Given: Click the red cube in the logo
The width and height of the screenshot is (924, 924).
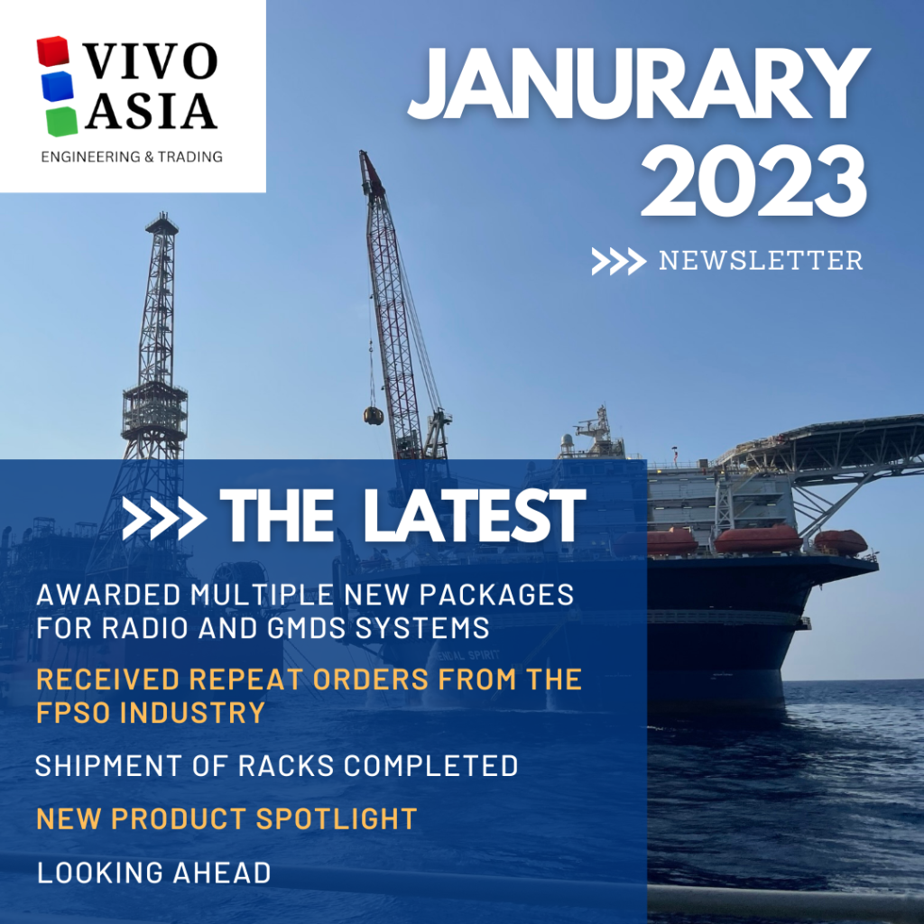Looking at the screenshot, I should pos(53,52).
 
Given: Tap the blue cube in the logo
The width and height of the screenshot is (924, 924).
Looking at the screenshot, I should pos(57,87).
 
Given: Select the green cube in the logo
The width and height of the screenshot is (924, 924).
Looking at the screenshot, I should pos(60,120).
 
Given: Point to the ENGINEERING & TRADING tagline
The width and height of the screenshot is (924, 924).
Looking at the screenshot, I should pos(132,157).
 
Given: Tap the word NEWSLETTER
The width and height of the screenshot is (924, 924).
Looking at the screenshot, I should pos(760,261).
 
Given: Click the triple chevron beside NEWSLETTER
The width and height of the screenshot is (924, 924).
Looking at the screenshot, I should pos(618,262).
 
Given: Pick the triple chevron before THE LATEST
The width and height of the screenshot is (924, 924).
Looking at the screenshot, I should pos(163,518).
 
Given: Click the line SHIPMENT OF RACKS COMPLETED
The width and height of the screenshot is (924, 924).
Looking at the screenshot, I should pos(276,766).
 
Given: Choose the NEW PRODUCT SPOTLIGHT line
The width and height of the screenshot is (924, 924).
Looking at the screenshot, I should pos(226,818).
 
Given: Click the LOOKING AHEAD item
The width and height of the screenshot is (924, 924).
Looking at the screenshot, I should pos(153,873).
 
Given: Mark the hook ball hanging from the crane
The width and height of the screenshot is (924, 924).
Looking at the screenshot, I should pos(373,415).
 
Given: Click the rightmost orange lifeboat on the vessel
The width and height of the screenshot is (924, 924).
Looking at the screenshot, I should pos(840,541).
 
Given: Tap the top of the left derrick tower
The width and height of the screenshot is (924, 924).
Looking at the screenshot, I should pos(162,221).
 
